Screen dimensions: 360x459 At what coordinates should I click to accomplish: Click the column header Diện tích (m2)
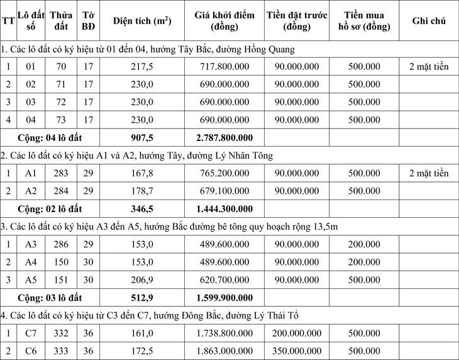point(141,21)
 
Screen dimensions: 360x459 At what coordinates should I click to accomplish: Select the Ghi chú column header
point(428,21)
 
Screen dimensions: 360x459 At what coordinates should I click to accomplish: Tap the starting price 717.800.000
point(224,67)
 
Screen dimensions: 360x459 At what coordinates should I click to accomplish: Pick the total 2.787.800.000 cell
point(224,137)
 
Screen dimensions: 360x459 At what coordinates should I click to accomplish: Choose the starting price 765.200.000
point(224,173)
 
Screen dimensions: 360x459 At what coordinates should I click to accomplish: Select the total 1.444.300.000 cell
point(224,208)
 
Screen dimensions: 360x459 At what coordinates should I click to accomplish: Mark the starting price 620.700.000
point(224,279)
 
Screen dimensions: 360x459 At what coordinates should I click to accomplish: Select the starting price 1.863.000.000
point(224,351)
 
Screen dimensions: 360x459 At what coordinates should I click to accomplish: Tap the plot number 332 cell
point(61,333)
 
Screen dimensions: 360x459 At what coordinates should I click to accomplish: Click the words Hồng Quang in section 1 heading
point(272,48)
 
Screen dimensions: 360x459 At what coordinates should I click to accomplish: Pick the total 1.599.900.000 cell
point(224,298)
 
